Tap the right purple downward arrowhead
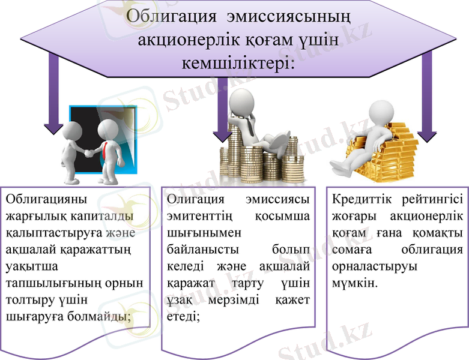point(427,135)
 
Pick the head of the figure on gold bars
point(380,111)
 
